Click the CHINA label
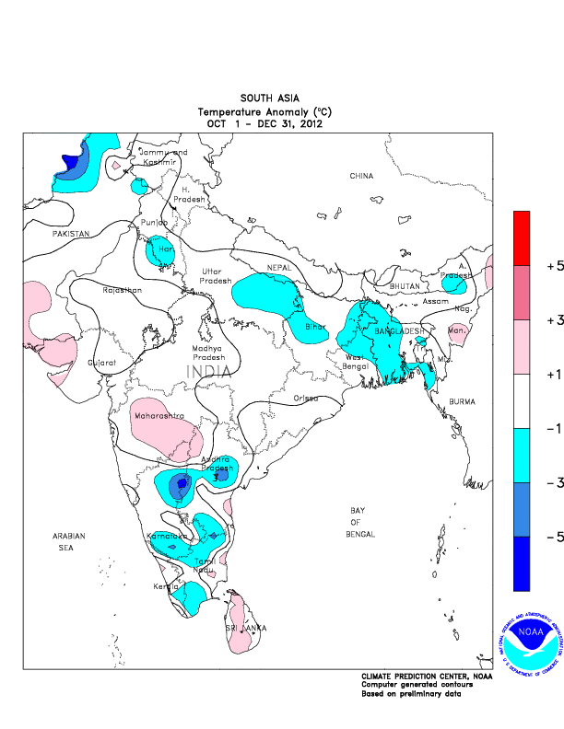pyautogui.click(x=361, y=175)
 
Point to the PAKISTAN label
pyautogui.click(x=70, y=235)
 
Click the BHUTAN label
pyautogui.click(x=405, y=286)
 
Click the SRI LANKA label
pyautogui.click(x=246, y=628)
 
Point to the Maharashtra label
pyautogui.click(x=159, y=417)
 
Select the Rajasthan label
pyautogui.click(x=122, y=291)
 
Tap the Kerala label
pyautogui.click(x=166, y=586)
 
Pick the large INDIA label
pyautogui.click(x=211, y=371)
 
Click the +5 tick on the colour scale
pyautogui.click(x=555, y=265)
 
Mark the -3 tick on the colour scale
pyautogui.click(x=555, y=481)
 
